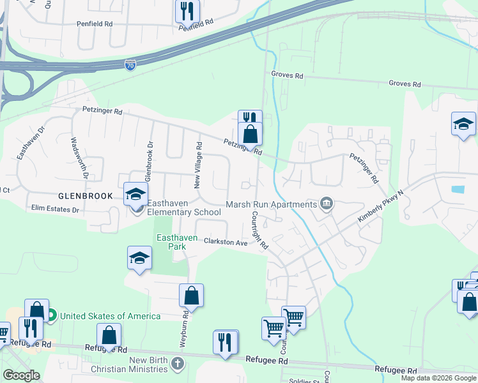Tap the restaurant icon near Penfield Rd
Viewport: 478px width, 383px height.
coord(187,11)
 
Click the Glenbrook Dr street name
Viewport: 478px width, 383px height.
coord(150,162)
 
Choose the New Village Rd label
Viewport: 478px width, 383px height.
coord(199,165)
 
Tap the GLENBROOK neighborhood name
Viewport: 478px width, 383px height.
coord(86,196)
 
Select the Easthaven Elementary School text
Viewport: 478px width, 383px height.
coord(184,207)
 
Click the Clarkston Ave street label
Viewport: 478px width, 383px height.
coord(226,243)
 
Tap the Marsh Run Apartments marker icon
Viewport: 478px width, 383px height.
coord(327,204)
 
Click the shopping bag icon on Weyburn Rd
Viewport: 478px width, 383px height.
coord(191,296)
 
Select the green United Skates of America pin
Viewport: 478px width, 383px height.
coord(50,315)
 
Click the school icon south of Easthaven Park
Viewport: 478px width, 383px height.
coord(139,258)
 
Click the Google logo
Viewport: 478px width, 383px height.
coord(21,375)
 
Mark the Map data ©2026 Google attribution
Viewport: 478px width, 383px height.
coord(438,378)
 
